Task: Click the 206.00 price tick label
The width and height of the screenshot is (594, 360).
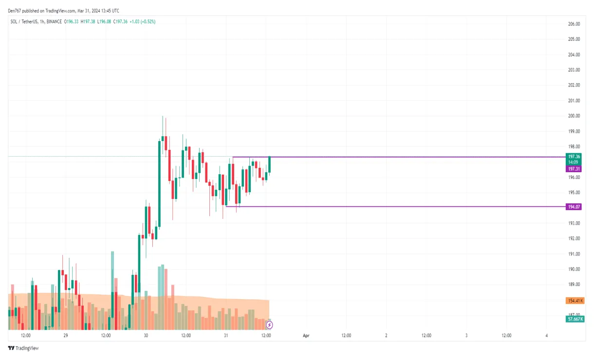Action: point(574,24)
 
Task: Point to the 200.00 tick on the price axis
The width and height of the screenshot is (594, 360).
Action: point(574,116)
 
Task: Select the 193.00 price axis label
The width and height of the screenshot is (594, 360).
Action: point(574,223)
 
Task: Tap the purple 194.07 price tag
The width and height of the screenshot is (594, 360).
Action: point(574,207)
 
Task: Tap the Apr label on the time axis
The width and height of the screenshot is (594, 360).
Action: point(306,336)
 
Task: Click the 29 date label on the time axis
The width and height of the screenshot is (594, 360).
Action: point(66,336)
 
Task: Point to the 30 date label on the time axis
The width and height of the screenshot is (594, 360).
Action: point(146,336)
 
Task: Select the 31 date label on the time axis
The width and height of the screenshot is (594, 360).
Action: point(226,336)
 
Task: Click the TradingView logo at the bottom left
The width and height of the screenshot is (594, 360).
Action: point(23,348)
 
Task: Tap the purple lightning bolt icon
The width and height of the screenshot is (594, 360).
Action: point(269,324)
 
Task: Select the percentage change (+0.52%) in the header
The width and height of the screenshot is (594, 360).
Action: point(148,21)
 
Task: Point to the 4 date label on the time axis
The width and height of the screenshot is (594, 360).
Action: point(547,336)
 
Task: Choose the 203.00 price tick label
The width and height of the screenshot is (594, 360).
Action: point(574,70)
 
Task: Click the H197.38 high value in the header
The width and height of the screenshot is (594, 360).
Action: point(88,21)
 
